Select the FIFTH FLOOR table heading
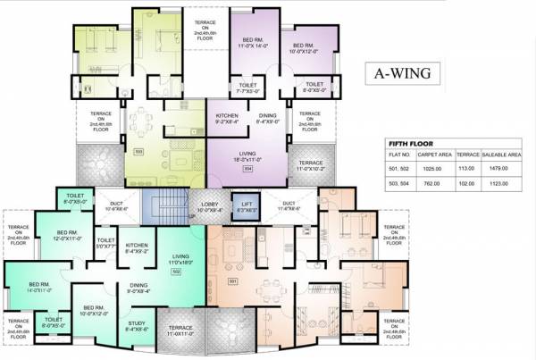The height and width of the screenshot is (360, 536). [411, 141]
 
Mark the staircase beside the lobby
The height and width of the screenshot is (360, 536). [163, 213]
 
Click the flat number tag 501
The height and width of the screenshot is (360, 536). [235, 282]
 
